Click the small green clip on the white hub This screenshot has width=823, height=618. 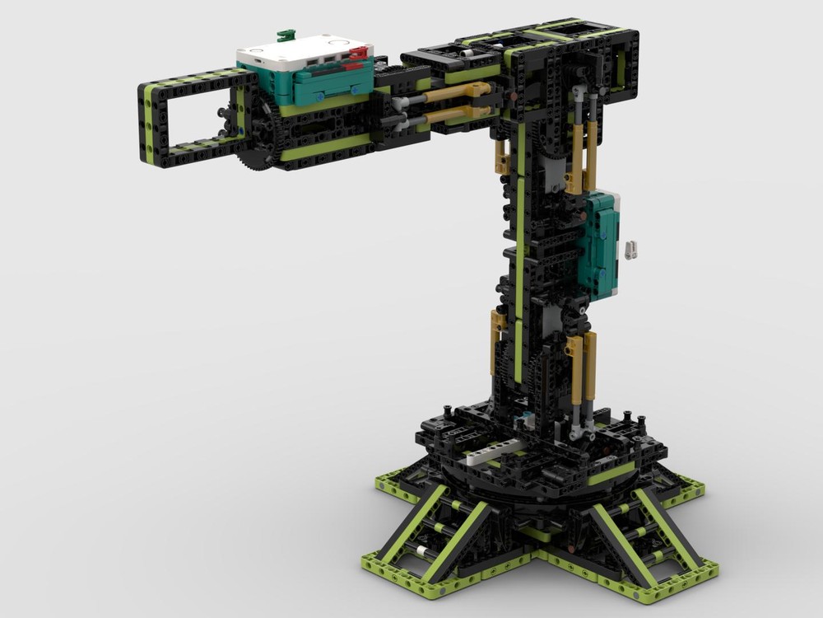(x=286, y=35)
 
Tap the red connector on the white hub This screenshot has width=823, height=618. (x=358, y=54)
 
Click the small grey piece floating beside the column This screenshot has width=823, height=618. (x=630, y=250)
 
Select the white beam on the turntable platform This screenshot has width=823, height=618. (x=494, y=451)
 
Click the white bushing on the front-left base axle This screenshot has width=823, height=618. (x=421, y=550)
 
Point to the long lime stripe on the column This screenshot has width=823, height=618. (x=519, y=247)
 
